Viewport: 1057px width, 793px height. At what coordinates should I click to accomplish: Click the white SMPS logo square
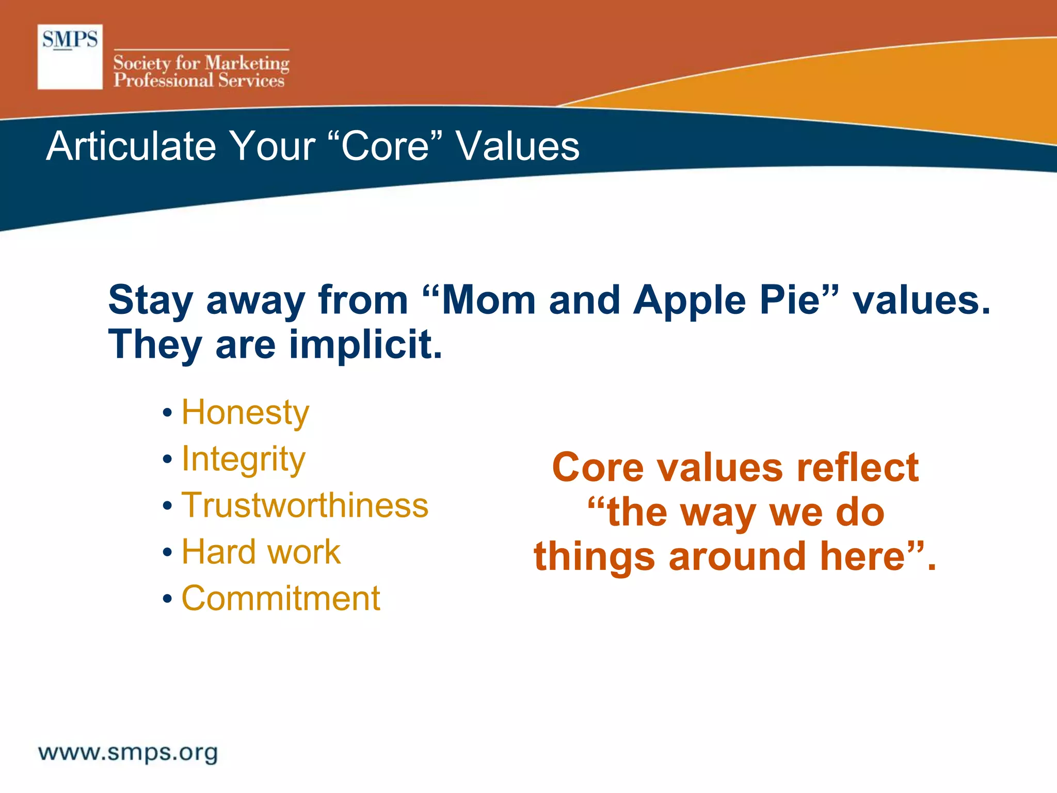click(x=70, y=57)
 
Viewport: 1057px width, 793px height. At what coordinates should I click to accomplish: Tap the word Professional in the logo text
click(x=163, y=81)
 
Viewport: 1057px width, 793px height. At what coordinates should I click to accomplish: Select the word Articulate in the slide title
click(x=131, y=146)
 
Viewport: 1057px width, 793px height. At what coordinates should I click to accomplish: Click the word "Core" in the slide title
click(x=385, y=146)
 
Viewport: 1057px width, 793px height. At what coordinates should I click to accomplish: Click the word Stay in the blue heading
click(x=150, y=300)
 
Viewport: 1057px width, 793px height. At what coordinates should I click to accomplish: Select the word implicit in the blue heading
click(x=365, y=345)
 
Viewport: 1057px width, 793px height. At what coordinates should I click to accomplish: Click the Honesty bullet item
click(x=245, y=413)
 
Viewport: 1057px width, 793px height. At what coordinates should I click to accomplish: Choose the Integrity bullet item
click(x=243, y=459)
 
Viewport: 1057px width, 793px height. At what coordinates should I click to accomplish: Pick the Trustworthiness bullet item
click(x=305, y=505)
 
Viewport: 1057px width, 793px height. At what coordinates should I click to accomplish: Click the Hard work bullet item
click(x=261, y=552)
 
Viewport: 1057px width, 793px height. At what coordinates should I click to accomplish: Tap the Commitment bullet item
click(x=281, y=598)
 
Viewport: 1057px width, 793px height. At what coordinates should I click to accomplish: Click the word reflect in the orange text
click(x=857, y=468)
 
